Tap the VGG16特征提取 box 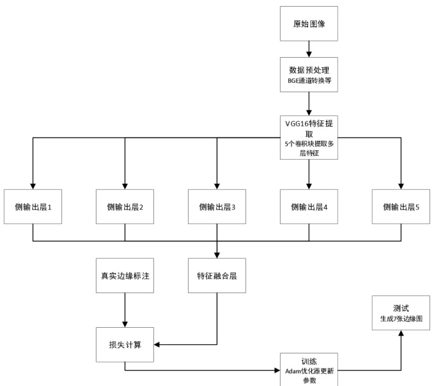click(x=309, y=137)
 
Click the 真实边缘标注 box click(x=124, y=276)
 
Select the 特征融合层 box click(x=216, y=276)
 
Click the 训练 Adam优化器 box click(x=309, y=369)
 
